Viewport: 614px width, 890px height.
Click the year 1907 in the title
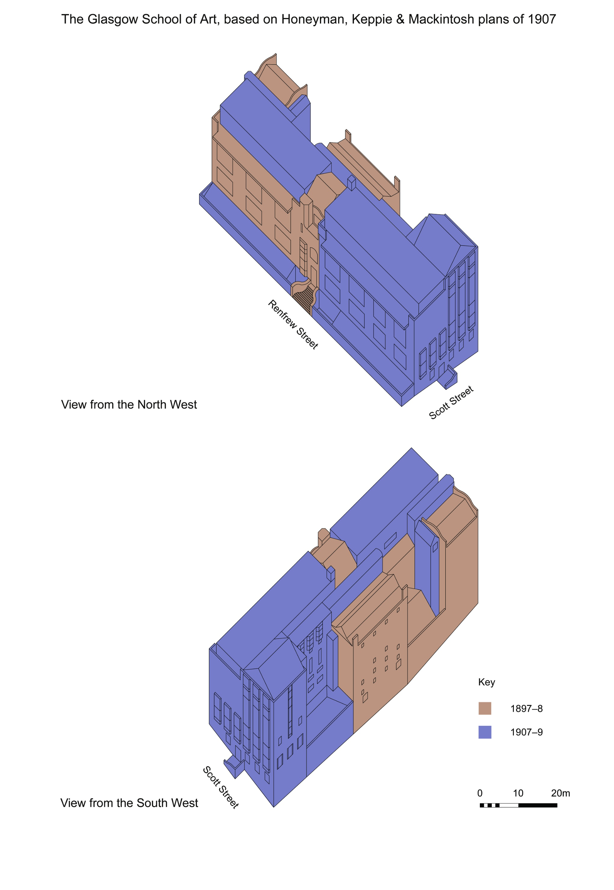tap(542, 19)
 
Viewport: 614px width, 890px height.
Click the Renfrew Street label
tap(293, 324)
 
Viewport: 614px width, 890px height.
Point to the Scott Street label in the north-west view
tap(451, 403)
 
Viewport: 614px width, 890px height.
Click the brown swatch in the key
tap(485, 708)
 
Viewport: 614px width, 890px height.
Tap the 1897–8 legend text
tap(526, 709)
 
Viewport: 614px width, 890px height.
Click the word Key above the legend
tap(486, 682)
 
